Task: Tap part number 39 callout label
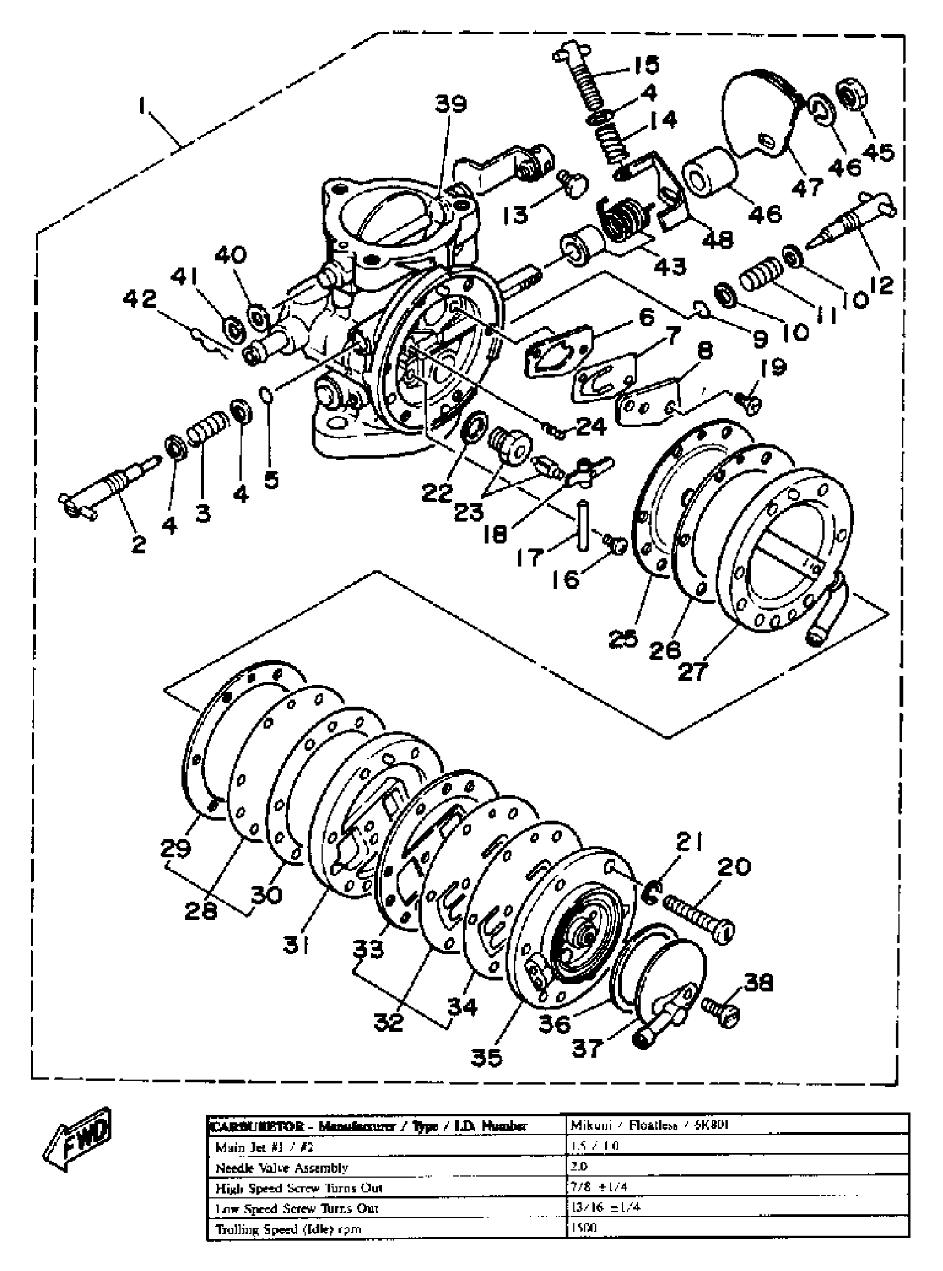click(x=451, y=104)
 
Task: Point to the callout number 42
click(x=140, y=299)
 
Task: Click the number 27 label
click(x=693, y=671)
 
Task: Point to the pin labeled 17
click(x=582, y=525)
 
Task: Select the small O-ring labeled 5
click(x=267, y=394)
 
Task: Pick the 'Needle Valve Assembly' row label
click(x=281, y=1168)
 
